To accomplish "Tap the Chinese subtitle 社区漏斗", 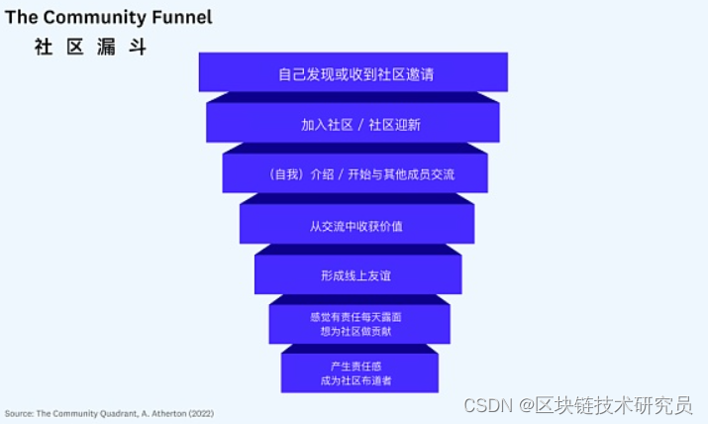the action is point(90,47).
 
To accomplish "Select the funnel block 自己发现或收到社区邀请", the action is point(354,74).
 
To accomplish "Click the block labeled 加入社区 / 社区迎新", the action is point(354,125).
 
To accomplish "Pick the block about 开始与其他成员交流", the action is point(354,174).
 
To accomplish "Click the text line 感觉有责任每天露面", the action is point(355,316).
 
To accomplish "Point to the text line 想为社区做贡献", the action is point(355,331).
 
